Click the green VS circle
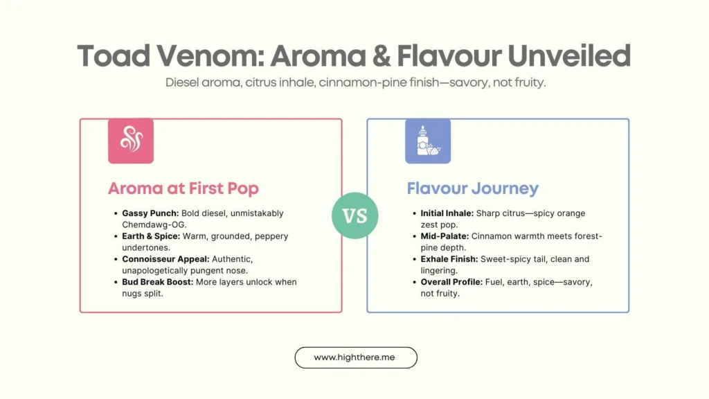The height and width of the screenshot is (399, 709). pos(355,215)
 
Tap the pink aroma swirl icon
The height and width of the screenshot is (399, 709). pos(131,141)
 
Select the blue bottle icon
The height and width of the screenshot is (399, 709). pos(428,141)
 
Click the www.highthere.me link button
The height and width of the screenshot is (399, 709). pos(356,357)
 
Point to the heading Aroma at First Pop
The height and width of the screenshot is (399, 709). pos(183,188)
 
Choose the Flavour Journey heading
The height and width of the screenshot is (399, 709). pos(472,188)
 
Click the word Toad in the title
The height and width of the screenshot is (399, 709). pos(114,56)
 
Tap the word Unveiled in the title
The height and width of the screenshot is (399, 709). pos(569,56)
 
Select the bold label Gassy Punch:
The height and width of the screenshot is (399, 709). pos(150,213)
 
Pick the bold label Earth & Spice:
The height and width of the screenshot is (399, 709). pos(151,236)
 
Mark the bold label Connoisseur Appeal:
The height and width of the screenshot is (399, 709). pos(166,259)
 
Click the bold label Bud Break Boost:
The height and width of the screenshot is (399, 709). pos(158,282)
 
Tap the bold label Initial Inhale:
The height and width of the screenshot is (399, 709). pos(447,213)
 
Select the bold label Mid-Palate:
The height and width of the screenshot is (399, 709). pos(445,236)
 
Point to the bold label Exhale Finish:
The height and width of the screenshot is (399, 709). pos(449,259)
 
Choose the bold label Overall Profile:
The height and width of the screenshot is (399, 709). pos(451,282)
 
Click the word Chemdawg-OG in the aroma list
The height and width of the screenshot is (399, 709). pos(154,225)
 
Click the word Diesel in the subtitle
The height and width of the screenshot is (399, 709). pos(182,82)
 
